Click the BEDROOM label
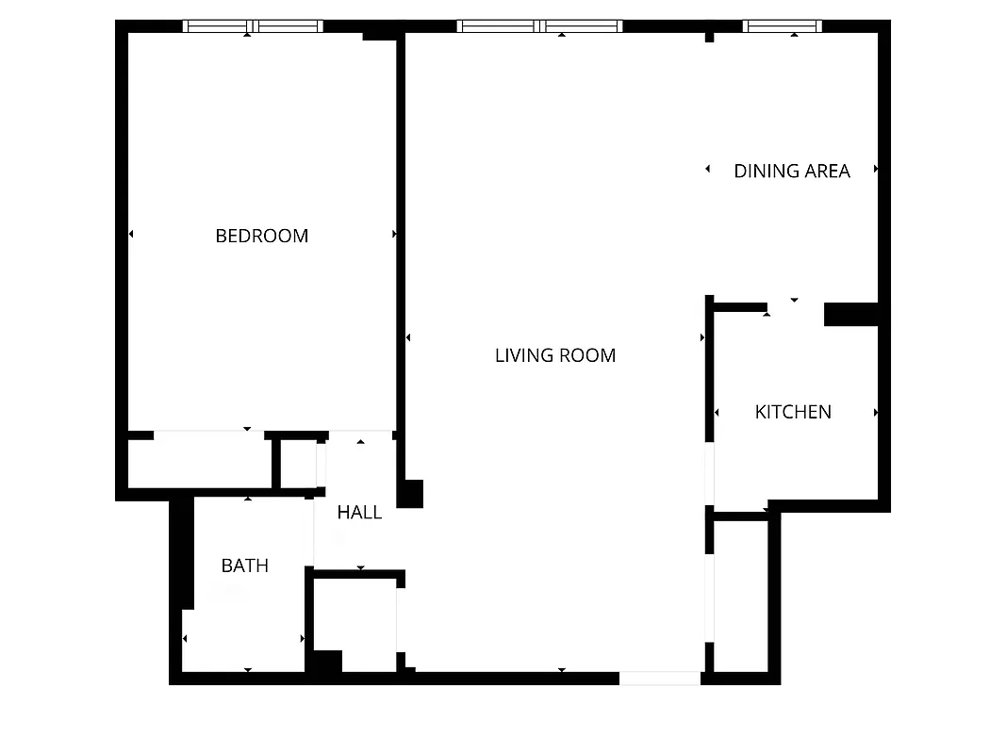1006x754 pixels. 262,236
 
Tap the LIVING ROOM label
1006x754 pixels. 555,355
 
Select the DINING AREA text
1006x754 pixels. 792,171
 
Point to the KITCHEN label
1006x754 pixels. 793,412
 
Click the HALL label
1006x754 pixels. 359,513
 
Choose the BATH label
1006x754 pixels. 245,565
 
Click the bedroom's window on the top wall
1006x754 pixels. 253,26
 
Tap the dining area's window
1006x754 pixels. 782,26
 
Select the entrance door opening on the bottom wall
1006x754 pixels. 660,678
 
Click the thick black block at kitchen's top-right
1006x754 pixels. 851,315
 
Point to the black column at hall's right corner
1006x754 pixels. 410,494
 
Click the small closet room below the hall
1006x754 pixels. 355,622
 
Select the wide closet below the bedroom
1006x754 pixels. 200,462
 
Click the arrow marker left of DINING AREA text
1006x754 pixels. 708,169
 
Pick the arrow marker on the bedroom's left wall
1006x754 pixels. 131,234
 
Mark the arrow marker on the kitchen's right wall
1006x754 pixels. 876,413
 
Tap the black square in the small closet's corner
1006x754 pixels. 326,662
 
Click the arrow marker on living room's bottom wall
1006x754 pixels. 562,670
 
